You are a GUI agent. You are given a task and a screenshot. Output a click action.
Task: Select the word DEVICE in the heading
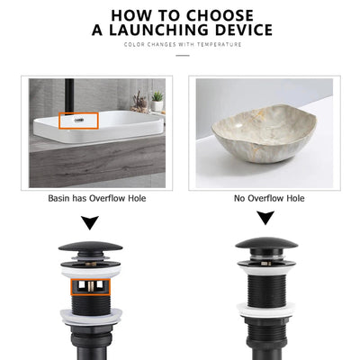coord(240,31)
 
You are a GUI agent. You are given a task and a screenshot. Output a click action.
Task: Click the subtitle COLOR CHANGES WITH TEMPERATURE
coord(183,45)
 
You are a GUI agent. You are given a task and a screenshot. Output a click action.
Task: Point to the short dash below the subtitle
coord(183,55)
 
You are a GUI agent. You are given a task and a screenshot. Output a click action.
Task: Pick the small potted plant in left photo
coord(157,100)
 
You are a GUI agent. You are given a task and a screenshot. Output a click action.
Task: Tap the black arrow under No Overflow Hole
coord(265,218)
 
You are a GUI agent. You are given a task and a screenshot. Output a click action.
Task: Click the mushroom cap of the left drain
coord(90,247)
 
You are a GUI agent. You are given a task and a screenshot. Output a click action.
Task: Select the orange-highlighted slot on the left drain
coord(90,287)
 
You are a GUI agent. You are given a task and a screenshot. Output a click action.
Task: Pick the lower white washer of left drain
coord(90,317)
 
